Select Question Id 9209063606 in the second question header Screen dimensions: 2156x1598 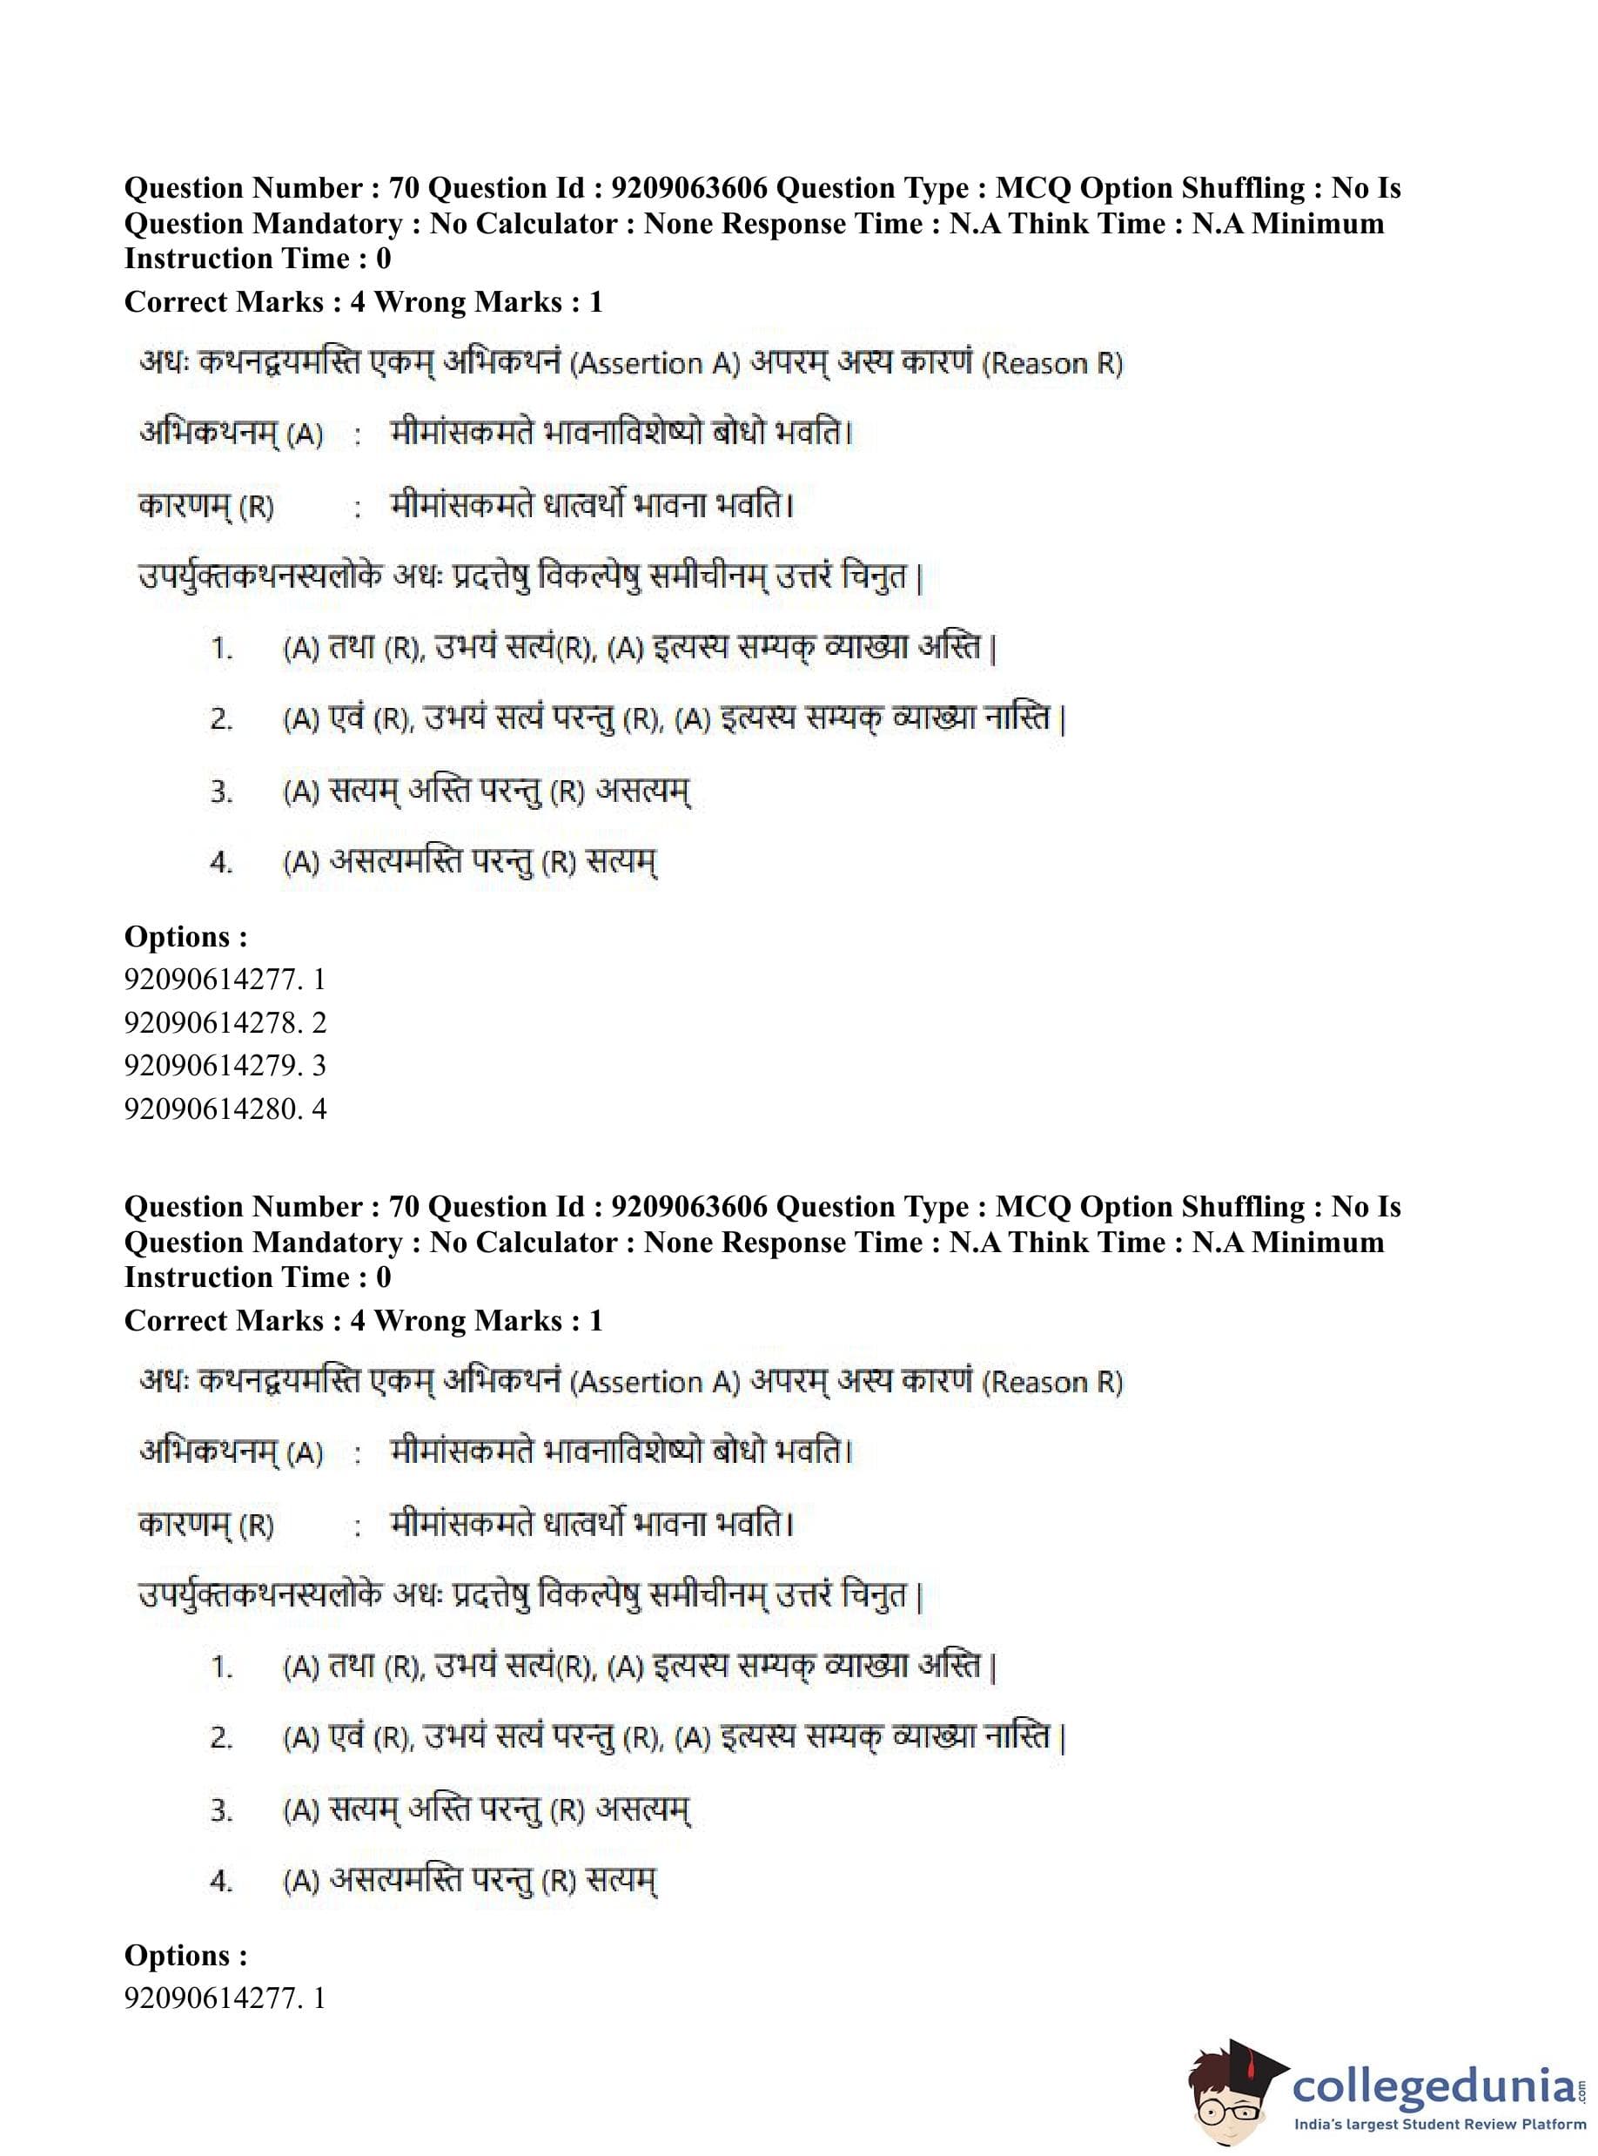click(x=598, y=1206)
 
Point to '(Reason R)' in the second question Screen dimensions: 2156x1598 click(x=1052, y=1382)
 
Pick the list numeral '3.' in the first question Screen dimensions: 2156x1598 click(x=222, y=792)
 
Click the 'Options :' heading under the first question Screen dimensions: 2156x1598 click(x=185, y=936)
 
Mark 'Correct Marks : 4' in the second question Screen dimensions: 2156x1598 click(x=245, y=1320)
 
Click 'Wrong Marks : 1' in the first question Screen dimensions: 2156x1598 click(x=488, y=301)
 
